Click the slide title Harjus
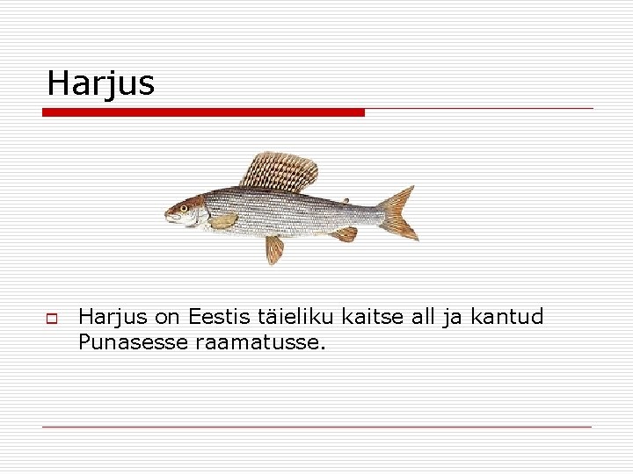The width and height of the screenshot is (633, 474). pyautogui.click(x=100, y=83)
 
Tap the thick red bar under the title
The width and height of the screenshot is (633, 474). pyautogui.click(x=203, y=112)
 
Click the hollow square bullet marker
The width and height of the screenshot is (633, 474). pyautogui.click(x=52, y=317)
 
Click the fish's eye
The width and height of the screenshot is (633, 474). pyautogui.click(x=184, y=208)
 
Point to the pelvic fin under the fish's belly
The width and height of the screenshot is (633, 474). pyautogui.click(x=275, y=248)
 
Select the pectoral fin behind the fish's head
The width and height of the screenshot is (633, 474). pyautogui.click(x=222, y=220)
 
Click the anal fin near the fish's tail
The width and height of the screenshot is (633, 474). pyautogui.click(x=345, y=234)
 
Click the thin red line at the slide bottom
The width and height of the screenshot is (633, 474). pyautogui.click(x=316, y=427)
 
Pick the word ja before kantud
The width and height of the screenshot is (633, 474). pyautogui.click(x=455, y=317)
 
